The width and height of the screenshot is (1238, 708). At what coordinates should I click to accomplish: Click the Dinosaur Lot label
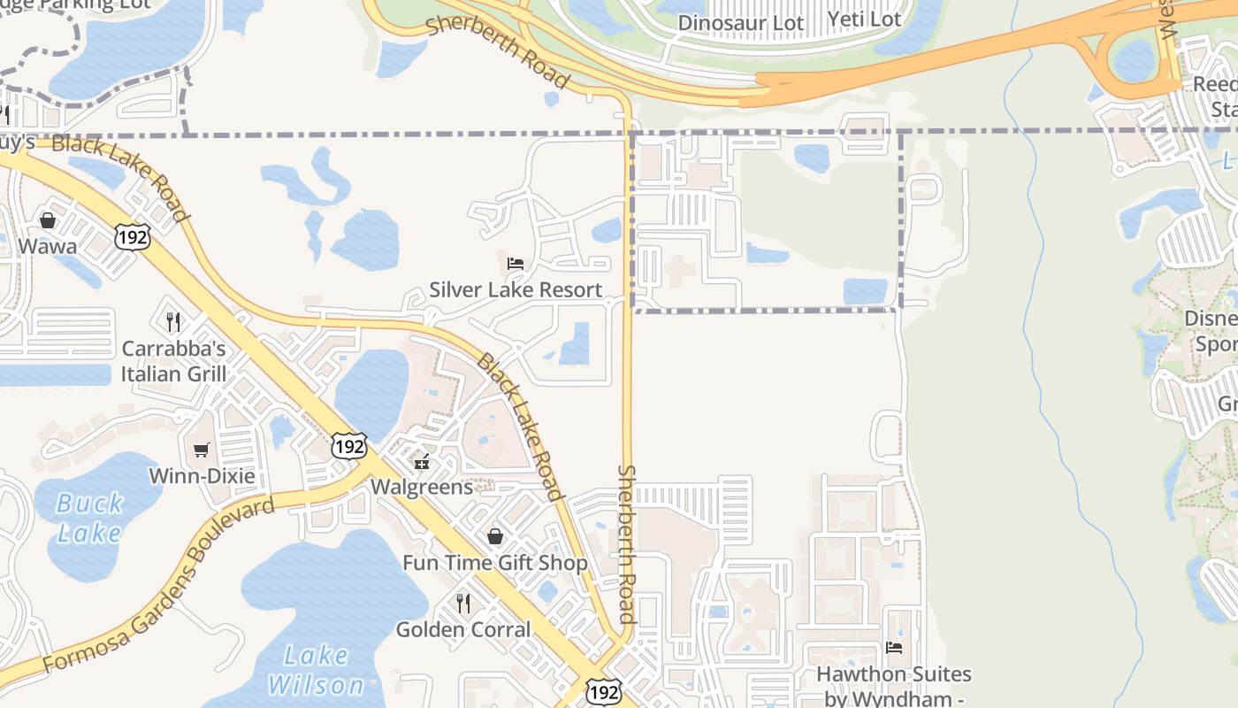click(x=741, y=22)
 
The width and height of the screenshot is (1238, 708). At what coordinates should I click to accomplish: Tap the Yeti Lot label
click(x=864, y=19)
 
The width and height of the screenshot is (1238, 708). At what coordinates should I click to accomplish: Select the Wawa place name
click(x=48, y=246)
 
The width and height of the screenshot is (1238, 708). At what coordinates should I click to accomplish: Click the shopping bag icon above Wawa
click(x=48, y=219)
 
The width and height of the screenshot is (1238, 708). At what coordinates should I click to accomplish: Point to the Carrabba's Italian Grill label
click(x=174, y=360)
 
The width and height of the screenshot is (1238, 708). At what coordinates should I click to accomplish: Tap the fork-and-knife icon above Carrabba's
click(x=173, y=321)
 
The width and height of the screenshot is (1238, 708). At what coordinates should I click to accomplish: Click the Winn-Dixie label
click(x=202, y=475)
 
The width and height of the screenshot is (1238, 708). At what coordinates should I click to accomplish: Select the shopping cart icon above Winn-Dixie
click(x=202, y=450)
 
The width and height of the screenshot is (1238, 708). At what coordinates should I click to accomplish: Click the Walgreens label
click(x=422, y=486)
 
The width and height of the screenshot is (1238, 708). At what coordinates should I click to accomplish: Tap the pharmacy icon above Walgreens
click(x=422, y=461)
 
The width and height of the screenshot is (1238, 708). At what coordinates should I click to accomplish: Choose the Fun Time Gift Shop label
click(x=495, y=563)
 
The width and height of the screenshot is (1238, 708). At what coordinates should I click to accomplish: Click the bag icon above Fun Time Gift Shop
click(x=495, y=536)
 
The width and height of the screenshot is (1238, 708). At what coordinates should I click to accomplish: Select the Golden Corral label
click(x=463, y=629)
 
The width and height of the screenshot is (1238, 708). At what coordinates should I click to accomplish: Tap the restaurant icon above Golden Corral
click(x=462, y=604)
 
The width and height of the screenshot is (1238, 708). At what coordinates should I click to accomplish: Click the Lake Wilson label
click(x=317, y=670)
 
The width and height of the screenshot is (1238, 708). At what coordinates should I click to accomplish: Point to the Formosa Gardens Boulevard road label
click(x=159, y=585)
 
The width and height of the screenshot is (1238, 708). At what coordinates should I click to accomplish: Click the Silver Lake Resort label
click(x=516, y=289)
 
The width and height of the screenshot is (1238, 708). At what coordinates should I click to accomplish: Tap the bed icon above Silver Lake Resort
click(x=516, y=264)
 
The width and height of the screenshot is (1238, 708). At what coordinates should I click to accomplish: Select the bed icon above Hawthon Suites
click(x=894, y=648)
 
